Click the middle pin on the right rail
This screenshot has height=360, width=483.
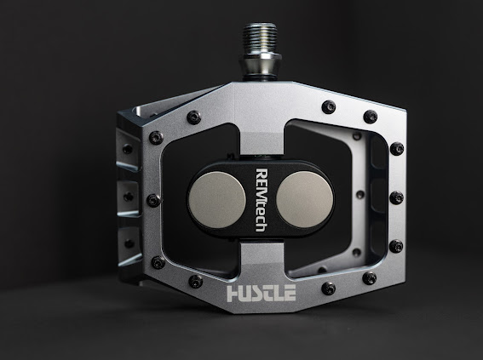(x=396, y=197)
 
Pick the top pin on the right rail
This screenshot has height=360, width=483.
(x=396, y=149)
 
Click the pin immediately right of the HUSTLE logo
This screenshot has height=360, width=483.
(x=328, y=289)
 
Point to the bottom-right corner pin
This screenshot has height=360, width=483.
(x=369, y=278)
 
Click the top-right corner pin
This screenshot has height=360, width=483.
(x=370, y=117)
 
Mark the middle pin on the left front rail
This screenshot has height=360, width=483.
(x=152, y=201)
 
